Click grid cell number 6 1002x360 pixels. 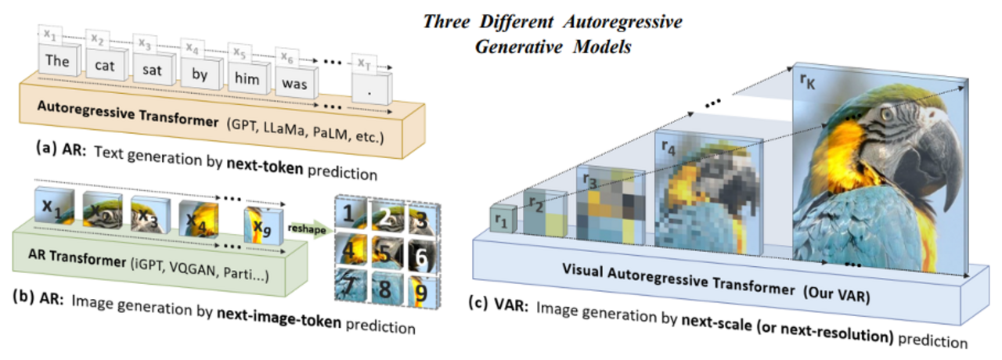coord(421,257)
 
